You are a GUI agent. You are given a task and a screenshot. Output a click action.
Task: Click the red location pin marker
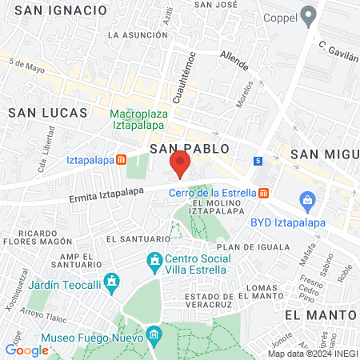[x=180, y=164]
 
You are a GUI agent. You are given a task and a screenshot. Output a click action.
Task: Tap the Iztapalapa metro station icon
[x=121, y=159]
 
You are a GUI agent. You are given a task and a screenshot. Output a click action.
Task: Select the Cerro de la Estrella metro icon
[x=263, y=193]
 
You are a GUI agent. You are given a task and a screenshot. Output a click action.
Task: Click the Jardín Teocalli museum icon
[x=112, y=282]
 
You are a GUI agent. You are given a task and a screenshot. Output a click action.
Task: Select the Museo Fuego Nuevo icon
[x=155, y=334]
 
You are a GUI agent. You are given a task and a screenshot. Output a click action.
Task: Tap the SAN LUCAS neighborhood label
[x=39, y=114]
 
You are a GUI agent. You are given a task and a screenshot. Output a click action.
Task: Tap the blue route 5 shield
[x=258, y=161]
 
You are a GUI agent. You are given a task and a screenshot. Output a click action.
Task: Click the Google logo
[x=26, y=350]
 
